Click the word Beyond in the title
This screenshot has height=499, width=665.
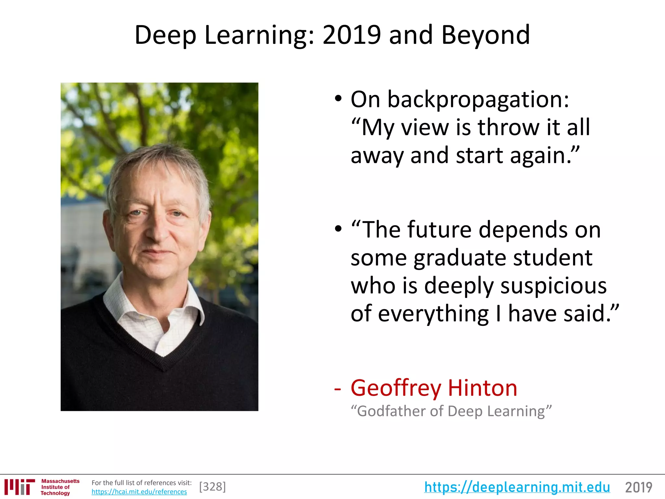click(x=485, y=35)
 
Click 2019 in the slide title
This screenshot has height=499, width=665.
click(x=352, y=35)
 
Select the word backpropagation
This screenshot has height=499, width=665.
click(x=478, y=99)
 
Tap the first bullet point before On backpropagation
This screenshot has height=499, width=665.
click(x=338, y=98)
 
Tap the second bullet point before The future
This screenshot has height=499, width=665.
click(x=338, y=229)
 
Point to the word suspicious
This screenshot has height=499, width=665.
click(x=553, y=286)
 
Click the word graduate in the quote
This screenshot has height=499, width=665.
click(x=459, y=258)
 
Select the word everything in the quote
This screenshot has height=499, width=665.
click(x=433, y=314)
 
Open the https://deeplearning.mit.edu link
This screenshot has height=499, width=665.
click(x=517, y=487)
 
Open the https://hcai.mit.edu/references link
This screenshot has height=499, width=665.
click(x=139, y=492)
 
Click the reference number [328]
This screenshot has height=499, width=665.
click(x=212, y=487)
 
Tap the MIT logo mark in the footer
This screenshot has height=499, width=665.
click(x=19, y=487)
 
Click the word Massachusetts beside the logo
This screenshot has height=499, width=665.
click(x=60, y=481)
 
